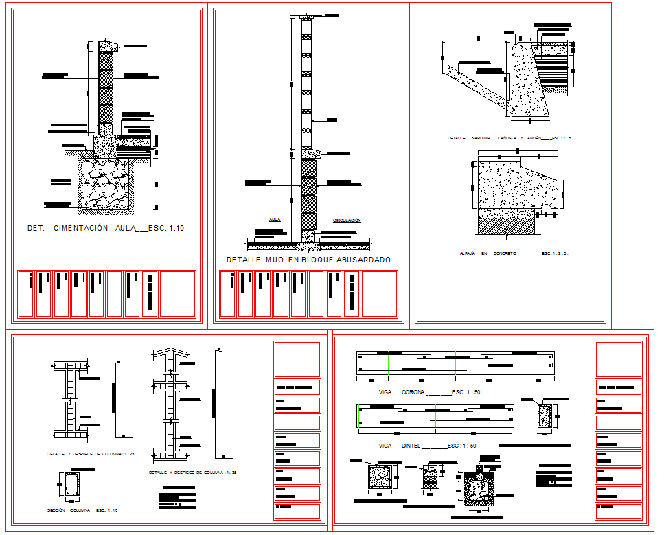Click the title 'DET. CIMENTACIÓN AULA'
pyautogui.click(x=105, y=228)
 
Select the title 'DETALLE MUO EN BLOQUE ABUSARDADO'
pyautogui.click(x=310, y=260)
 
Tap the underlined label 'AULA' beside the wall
pyautogui.click(x=275, y=220)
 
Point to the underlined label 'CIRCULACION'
pyautogui.click(x=347, y=220)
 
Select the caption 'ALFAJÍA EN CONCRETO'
pyautogui.click(x=514, y=253)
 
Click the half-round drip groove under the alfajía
pyautogui.click(x=543, y=206)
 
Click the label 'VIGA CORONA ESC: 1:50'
pyautogui.click(x=429, y=392)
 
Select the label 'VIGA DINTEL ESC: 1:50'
pyautogui.click(x=428, y=446)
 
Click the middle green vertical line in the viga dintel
pyautogui.click(x=436, y=416)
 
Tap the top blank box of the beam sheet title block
pyautogui.click(x=618, y=359)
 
